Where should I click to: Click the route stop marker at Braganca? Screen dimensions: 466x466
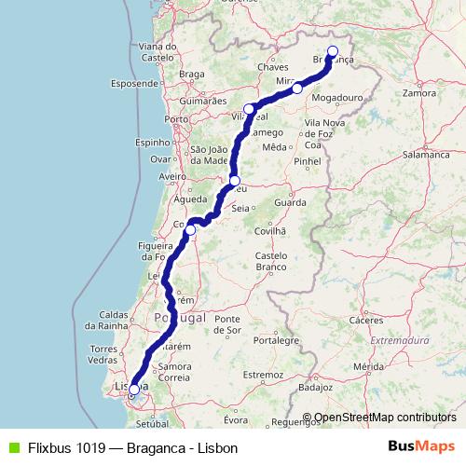click(333, 51)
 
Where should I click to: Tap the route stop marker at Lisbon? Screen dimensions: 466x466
click(134, 390)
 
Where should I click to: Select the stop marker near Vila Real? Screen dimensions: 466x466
click(249, 109)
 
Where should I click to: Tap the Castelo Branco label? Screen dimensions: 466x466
click(271, 260)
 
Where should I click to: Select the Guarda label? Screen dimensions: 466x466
click(290, 201)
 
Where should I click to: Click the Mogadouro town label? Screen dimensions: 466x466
click(336, 97)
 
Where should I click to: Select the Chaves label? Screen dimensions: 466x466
click(274, 68)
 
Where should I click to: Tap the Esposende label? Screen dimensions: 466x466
click(134, 83)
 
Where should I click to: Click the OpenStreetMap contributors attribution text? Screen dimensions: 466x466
click(384, 418)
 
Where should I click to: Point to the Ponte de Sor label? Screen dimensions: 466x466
click(228, 324)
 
